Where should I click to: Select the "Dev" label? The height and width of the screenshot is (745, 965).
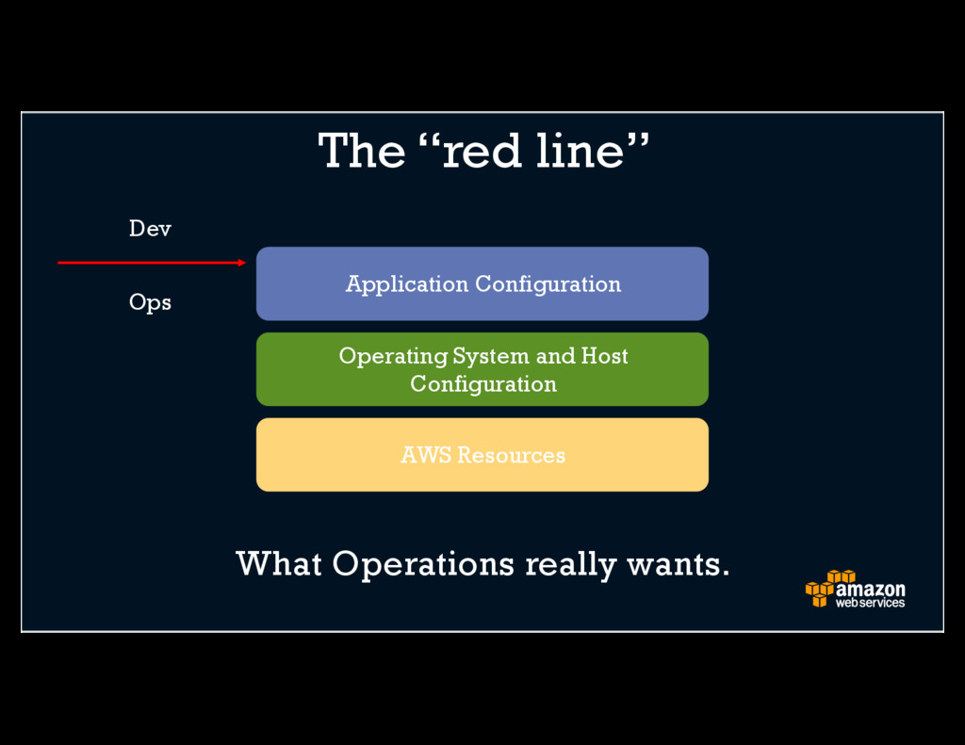[x=150, y=229]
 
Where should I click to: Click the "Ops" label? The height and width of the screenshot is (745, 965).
[x=150, y=303]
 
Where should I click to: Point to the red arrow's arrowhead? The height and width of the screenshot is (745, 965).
[x=242, y=263]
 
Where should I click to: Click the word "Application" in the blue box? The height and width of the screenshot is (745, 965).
[x=406, y=284]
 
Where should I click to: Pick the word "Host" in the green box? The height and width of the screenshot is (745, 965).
[x=604, y=356]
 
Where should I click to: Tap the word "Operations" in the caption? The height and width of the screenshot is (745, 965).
[x=423, y=565]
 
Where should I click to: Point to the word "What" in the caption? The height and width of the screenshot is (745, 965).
[x=279, y=564]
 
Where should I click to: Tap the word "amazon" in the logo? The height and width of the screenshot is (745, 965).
[x=870, y=590]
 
